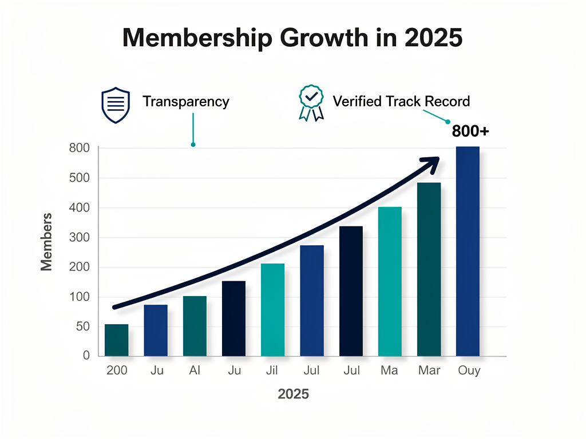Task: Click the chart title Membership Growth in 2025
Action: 292,38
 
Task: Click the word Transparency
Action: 185,102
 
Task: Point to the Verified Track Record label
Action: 401,102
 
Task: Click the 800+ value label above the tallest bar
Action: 470,131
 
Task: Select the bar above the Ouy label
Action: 468,252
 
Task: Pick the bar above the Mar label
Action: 429,269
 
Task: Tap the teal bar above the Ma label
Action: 390,281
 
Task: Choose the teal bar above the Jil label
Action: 272,310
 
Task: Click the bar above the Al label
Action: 195,326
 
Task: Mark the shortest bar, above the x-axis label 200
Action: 117,340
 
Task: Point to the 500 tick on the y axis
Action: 79,178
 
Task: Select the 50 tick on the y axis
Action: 83,327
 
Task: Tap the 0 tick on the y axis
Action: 86,356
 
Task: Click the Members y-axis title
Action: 46,241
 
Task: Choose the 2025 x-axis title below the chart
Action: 293,394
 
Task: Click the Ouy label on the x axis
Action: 469,371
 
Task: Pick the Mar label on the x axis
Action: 429,371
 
